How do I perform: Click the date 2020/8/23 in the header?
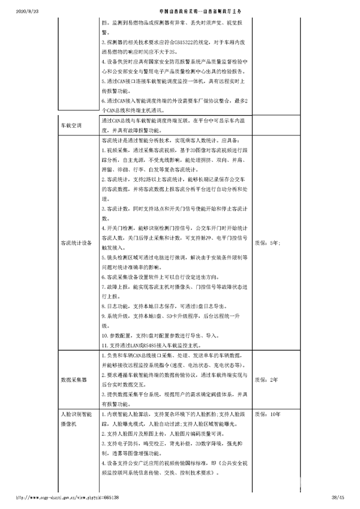[x=13, y=11]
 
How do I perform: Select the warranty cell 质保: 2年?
[x=266, y=380]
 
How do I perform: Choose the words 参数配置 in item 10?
[x=120, y=335]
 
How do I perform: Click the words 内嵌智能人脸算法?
[x=127, y=414]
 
